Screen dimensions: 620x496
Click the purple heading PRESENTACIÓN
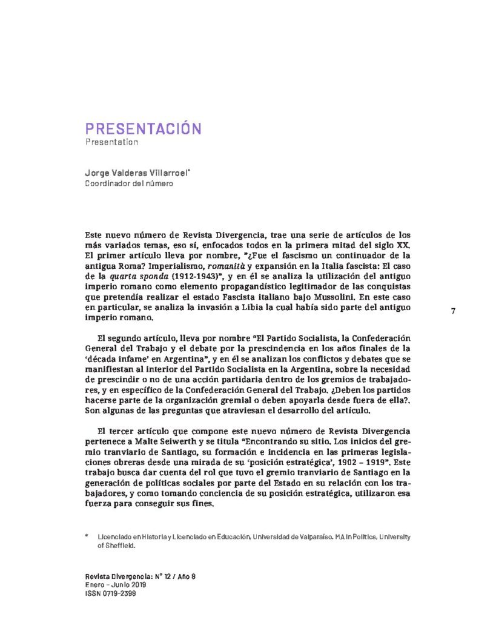coord(143,128)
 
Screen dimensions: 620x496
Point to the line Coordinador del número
coord(128,183)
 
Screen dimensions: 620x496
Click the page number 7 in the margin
coord(453,311)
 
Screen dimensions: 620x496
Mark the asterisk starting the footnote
coord(87,536)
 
